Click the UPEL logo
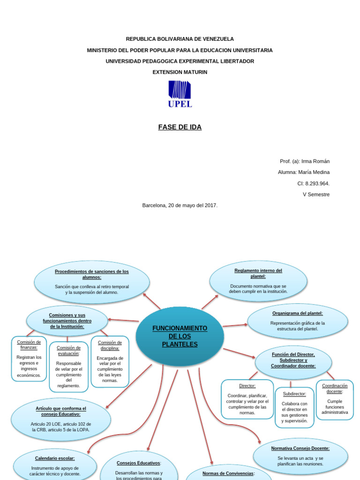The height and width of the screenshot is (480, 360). [x=180, y=94]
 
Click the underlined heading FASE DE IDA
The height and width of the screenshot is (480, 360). [x=180, y=127]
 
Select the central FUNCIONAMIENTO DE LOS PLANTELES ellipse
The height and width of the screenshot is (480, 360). [x=180, y=336]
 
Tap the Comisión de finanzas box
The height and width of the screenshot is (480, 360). [x=29, y=359]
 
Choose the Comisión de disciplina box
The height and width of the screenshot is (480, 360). [x=110, y=361]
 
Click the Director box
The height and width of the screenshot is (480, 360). [x=247, y=399]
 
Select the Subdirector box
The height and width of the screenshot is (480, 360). [x=294, y=407]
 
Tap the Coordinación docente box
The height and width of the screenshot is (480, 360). [x=335, y=400]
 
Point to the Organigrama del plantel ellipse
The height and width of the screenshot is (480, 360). [x=298, y=321]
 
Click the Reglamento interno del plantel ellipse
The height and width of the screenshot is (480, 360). [x=258, y=281]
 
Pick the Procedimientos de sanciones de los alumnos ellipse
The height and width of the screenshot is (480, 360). [x=92, y=282]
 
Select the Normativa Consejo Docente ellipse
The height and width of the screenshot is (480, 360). [x=300, y=456]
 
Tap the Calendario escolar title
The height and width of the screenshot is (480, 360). [x=55, y=458]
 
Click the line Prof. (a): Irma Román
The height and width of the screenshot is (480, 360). [x=305, y=161]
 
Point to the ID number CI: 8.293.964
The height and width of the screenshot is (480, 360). [x=314, y=183]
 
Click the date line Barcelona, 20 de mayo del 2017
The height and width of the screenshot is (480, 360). [x=180, y=205]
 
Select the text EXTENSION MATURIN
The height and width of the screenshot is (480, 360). [x=180, y=72]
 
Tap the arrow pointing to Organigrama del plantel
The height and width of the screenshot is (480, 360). [x=235, y=325]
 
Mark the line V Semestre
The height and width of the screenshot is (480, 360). [x=316, y=195]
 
